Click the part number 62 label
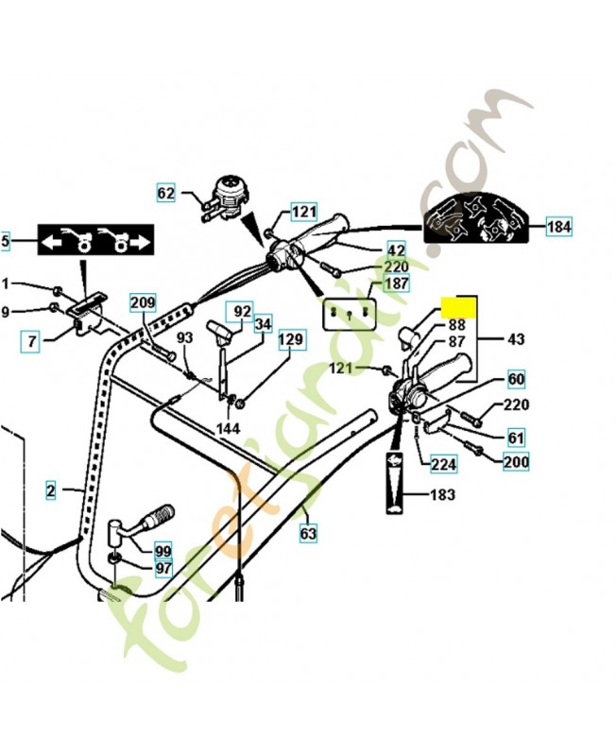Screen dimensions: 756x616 pyautogui.click(x=166, y=194)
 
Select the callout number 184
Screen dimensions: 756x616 pyautogui.click(x=559, y=226)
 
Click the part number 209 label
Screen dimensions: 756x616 pyautogui.click(x=143, y=303)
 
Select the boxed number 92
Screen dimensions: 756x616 pyautogui.click(x=243, y=311)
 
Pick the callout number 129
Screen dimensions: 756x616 pyautogui.click(x=293, y=339)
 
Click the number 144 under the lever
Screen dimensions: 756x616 pyautogui.click(x=229, y=428)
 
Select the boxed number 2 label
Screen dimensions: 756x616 pyautogui.click(x=51, y=490)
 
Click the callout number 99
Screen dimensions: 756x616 pyautogui.click(x=164, y=550)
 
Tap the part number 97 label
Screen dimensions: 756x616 pyautogui.click(x=164, y=568)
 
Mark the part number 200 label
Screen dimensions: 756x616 pyautogui.click(x=516, y=461)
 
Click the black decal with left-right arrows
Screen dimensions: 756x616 pyautogui.click(x=94, y=243)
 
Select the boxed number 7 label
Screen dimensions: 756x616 pyautogui.click(x=32, y=341)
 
